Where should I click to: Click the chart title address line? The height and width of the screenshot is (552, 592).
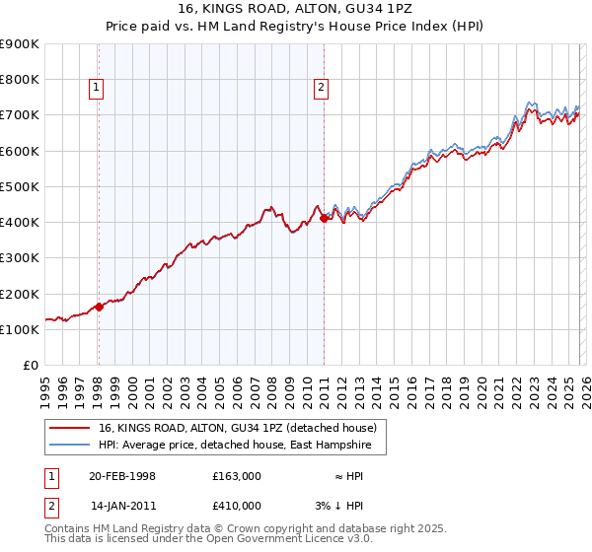click(296, 8)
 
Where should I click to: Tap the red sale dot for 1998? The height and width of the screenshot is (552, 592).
click(99, 307)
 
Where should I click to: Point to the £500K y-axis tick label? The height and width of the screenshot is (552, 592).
click(20, 186)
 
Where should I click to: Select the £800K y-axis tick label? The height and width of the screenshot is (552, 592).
click(20, 80)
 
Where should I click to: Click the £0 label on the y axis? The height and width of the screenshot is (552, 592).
click(31, 365)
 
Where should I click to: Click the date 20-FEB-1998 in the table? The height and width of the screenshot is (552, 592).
click(122, 476)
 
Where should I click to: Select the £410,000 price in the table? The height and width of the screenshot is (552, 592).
click(236, 506)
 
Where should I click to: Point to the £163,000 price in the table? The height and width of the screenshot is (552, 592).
click(236, 476)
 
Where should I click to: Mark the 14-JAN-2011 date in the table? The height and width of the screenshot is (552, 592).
click(122, 506)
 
